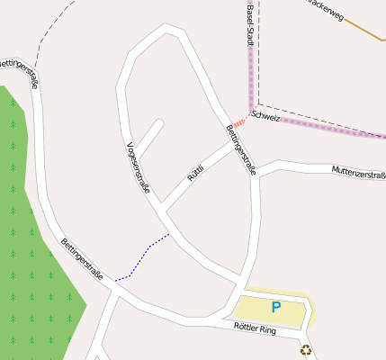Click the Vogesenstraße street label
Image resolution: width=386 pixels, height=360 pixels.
point(138,167)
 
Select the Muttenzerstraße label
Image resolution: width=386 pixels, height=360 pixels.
point(358,172)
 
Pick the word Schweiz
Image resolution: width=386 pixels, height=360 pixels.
point(266,117)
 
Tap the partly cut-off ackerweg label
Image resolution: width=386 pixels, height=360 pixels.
point(327,9)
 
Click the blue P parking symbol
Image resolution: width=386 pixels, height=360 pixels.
point(276,308)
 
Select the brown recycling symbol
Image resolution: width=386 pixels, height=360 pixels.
point(306,350)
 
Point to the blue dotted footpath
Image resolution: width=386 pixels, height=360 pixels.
point(144,256)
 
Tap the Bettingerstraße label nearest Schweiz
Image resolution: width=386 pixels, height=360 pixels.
point(241,149)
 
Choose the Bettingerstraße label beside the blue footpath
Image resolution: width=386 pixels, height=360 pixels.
point(82,259)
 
